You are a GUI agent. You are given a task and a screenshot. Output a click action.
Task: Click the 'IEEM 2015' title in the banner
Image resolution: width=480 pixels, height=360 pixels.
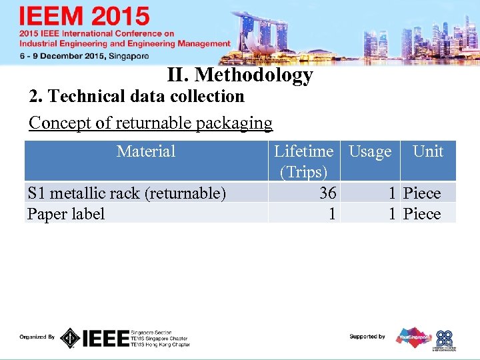[84, 17]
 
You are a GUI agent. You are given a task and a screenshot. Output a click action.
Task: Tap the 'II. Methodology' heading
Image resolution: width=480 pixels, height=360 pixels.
[240, 75]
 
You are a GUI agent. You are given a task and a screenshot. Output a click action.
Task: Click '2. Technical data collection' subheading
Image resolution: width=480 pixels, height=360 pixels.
[137, 97]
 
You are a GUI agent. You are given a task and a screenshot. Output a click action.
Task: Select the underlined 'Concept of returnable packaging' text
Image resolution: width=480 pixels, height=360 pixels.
[151, 123]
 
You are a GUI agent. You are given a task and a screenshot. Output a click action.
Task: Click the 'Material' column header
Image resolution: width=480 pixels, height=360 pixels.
[146, 151]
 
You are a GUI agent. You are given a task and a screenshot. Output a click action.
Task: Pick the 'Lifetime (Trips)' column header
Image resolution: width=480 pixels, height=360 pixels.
[303, 161]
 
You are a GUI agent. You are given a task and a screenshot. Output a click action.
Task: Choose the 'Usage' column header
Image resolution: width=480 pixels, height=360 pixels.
[370, 152]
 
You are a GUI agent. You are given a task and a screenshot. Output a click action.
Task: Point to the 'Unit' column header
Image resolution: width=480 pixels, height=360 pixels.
[427, 151]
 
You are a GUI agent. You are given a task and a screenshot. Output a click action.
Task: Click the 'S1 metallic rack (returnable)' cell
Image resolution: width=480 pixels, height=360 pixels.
[126, 193]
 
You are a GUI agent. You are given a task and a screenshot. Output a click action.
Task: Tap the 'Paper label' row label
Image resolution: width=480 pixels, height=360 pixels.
[66, 214]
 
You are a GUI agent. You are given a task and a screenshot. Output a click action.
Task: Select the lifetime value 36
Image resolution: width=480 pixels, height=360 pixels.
[327, 193]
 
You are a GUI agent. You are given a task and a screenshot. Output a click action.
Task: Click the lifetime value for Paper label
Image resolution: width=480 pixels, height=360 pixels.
[331, 214]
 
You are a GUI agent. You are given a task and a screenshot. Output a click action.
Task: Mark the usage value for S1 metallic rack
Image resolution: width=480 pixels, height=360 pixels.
[393, 193]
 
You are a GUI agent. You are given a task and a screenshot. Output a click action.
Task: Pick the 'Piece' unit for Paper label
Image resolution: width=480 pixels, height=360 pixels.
[422, 214]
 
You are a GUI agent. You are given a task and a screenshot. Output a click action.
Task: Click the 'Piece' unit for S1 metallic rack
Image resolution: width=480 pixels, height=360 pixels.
[422, 193]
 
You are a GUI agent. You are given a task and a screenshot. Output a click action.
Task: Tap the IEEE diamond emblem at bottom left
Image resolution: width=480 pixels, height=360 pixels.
[70, 338]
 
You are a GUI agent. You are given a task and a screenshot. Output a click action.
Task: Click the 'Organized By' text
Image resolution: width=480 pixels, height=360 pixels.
[37, 337]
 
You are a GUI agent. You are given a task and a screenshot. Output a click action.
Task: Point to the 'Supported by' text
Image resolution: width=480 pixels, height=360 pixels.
[367, 337]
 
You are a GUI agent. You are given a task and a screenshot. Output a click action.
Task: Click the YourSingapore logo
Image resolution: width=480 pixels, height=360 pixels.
[414, 337]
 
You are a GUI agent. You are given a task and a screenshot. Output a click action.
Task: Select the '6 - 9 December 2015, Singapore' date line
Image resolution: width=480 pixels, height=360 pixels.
[83, 57]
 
